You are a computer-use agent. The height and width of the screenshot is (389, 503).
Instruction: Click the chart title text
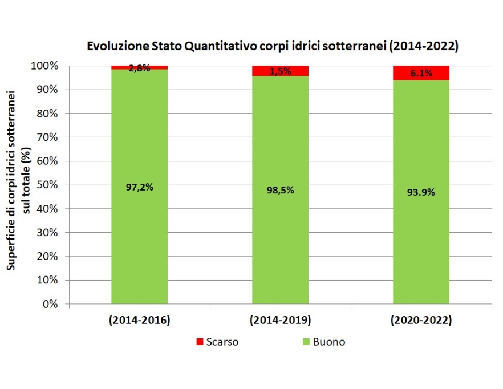pos(273,46)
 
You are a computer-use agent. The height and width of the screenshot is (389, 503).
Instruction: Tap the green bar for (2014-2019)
pos(280,240)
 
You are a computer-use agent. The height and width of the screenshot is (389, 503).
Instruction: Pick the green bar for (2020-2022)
pos(421,240)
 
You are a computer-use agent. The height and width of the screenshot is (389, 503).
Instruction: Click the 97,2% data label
pos(139,187)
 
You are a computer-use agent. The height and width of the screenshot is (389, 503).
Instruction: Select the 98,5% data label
pos(280,190)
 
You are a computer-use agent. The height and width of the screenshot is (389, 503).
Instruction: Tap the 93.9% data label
pos(421,192)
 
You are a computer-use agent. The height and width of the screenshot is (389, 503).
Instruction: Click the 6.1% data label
pos(421,73)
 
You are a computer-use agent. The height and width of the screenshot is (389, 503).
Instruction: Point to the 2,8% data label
pos(139,68)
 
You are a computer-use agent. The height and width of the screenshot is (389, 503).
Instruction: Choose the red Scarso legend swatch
pos(199,342)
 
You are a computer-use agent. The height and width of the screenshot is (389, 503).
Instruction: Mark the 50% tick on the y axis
pos(50,185)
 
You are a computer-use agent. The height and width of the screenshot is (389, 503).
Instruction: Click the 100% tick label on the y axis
pos(47,66)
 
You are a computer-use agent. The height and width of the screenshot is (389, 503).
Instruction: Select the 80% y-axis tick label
pos(50,114)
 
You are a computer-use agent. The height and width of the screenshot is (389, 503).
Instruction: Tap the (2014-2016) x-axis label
pos(139,321)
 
